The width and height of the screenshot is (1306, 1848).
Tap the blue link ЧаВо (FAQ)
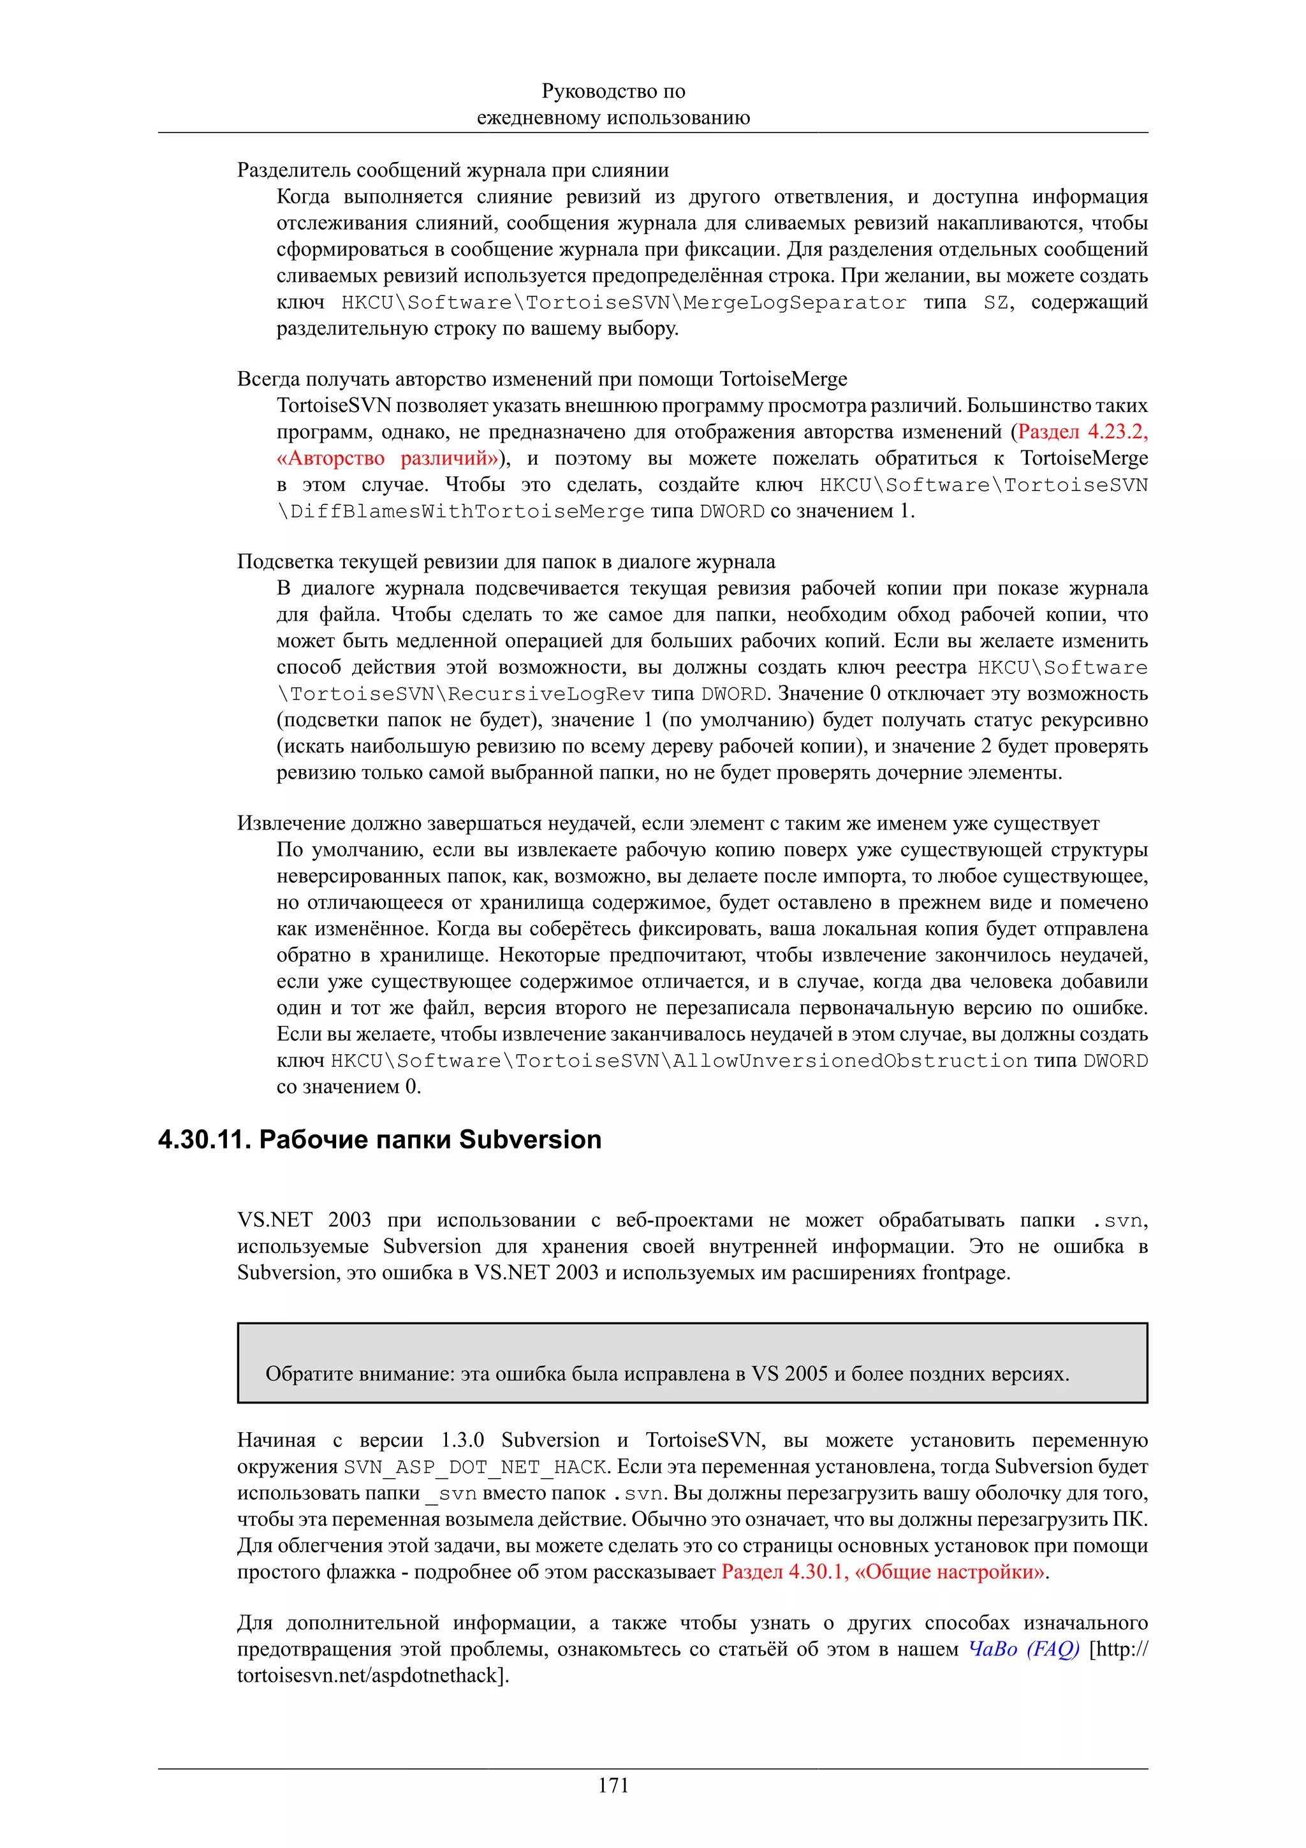pyautogui.click(x=1023, y=1648)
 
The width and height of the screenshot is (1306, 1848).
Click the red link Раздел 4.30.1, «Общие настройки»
pyautogui.click(x=884, y=1571)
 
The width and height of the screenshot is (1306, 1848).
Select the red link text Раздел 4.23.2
pyautogui.click(x=1082, y=432)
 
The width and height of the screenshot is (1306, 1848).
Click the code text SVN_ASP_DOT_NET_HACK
pyautogui.click(x=474, y=1467)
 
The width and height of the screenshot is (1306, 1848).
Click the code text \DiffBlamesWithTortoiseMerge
pyautogui.click(x=460, y=511)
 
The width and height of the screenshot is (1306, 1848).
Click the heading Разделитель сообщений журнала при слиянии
pyautogui.click(x=452, y=170)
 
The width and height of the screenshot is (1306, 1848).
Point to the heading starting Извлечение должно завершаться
pyautogui.click(x=667, y=823)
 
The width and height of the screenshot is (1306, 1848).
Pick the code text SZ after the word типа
pyautogui.click(x=995, y=303)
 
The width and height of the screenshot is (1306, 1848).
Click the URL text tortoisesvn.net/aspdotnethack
pyautogui.click(x=370, y=1675)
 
